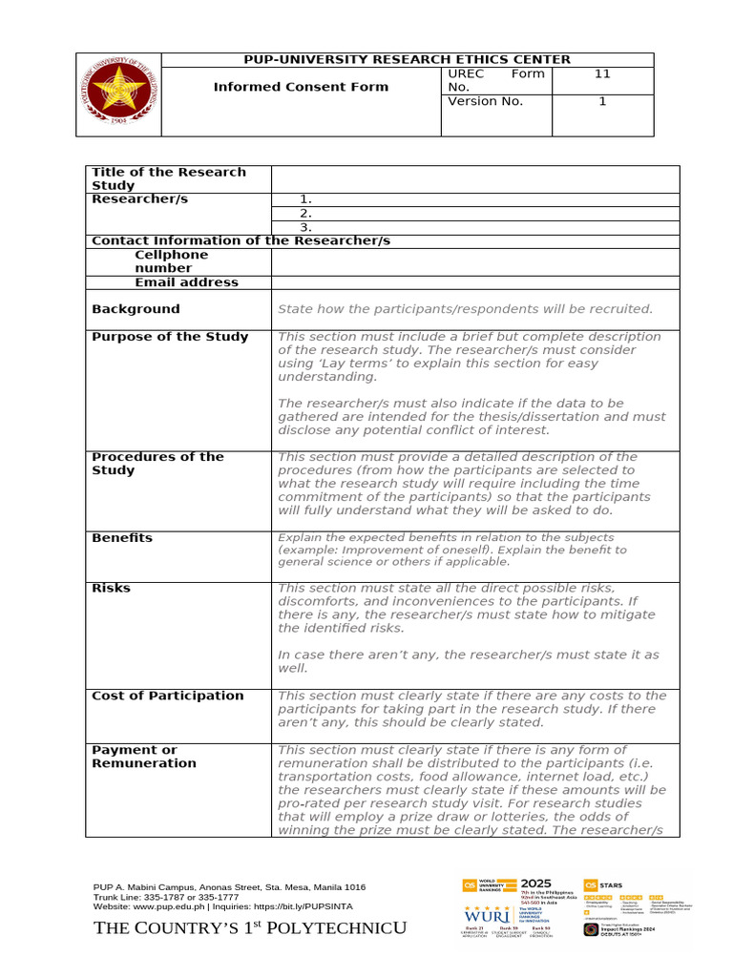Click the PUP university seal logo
point(118,94)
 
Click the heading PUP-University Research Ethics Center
point(408,59)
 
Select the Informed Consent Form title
point(301,87)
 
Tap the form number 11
point(602,73)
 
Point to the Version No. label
point(486,101)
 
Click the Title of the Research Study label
point(169,178)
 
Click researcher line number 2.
point(306,214)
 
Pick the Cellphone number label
point(171,261)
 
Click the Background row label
point(136,309)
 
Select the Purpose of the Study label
point(170,337)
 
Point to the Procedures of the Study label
point(157,463)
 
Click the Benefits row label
point(122,538)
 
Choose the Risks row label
point(111,589)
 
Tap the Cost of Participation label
point(168,696)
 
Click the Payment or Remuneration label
point(144,757)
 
